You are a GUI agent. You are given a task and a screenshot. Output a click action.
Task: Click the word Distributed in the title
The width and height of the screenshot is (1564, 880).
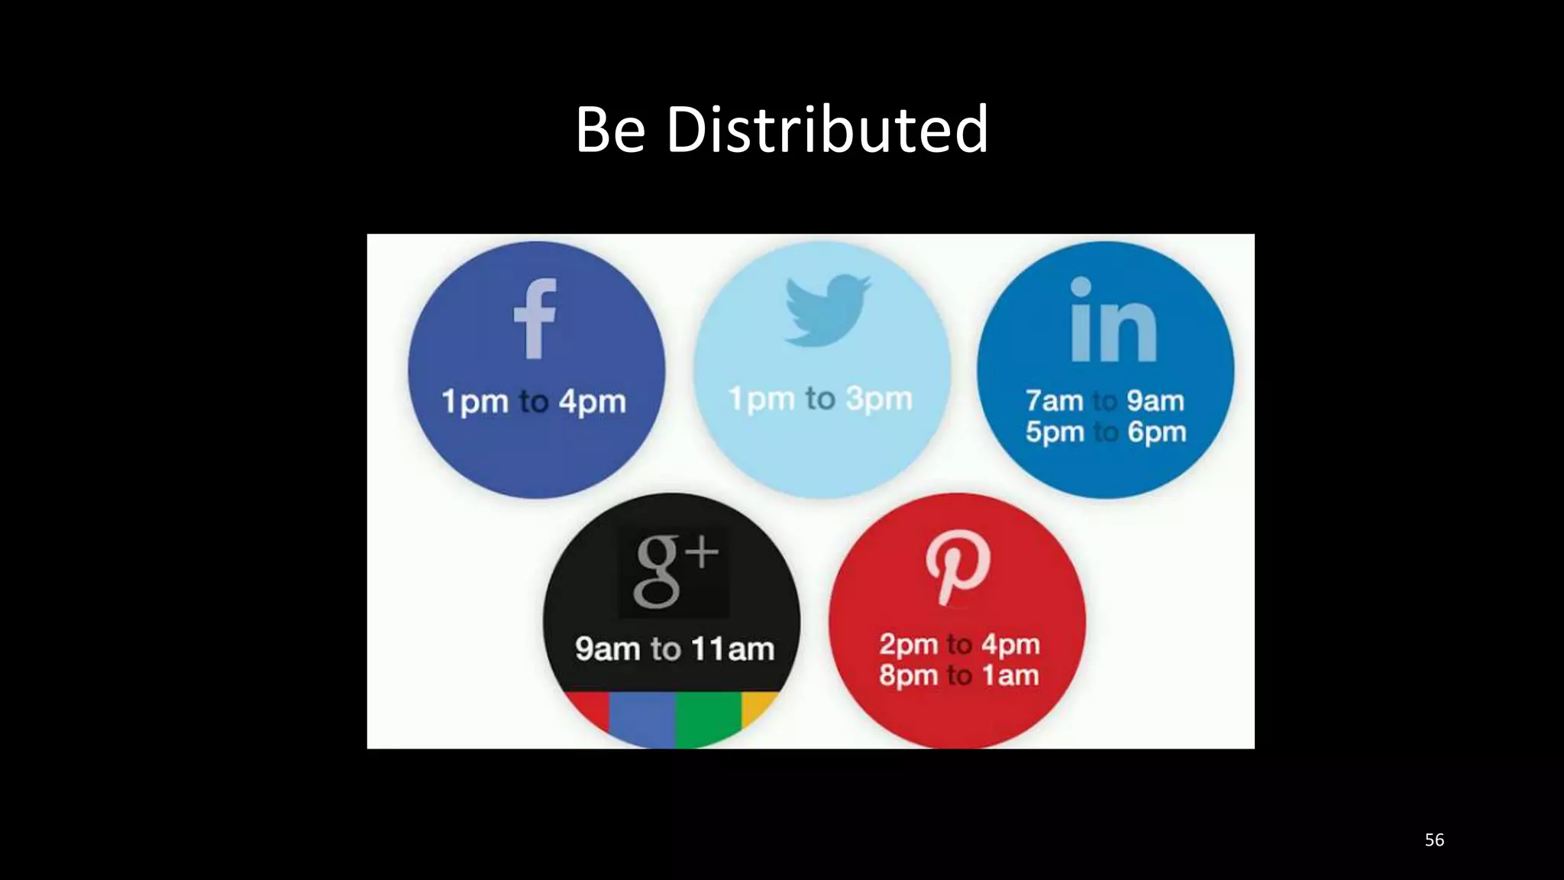[x=827, y=129]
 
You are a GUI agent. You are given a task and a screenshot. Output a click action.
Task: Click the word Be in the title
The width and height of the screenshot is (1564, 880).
[x=610, y=129]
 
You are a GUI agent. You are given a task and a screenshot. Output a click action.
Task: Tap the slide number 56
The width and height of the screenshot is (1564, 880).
[x=1434, y=840]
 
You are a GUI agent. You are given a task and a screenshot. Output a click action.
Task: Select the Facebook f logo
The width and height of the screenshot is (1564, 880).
[x=535, y=319]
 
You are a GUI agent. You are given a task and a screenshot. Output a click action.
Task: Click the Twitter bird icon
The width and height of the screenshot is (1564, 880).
[x=827, y=309]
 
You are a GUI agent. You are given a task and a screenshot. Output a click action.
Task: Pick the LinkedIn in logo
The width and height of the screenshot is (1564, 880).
[x=1113, y=320]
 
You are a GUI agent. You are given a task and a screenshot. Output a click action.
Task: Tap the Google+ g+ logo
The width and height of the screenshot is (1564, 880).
[x=674, y=571]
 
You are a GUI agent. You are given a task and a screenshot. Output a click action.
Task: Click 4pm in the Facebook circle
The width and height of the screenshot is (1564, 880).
[x=592, y=402]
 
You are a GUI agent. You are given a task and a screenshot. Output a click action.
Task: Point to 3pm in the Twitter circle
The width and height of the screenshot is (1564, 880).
[x=879, y=399]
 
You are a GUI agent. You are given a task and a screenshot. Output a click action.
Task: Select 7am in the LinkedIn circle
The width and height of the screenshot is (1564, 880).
[x=1054, y=401]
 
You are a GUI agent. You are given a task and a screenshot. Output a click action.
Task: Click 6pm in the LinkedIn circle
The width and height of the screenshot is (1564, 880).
[x=1156, y=432]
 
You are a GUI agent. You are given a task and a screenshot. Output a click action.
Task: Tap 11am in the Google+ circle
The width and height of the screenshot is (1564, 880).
[x=732, y=649]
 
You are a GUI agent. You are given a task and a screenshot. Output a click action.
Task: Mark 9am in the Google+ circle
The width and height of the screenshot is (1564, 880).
[x=607, y=649]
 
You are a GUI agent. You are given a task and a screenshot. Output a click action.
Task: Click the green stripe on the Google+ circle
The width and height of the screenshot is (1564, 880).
[x=707, y=718]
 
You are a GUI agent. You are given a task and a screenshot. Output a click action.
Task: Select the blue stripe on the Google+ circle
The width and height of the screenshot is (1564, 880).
[x=641, y=718]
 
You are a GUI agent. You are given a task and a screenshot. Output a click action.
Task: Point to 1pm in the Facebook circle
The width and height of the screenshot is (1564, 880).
[x=475, y=402]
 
